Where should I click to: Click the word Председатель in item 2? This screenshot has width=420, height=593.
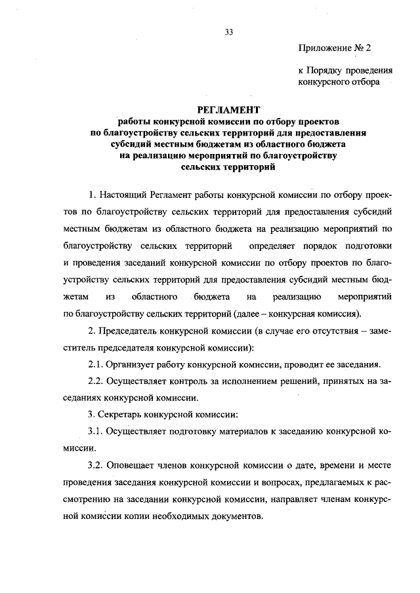point(131,331)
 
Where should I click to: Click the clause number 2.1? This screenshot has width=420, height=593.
point(96,365)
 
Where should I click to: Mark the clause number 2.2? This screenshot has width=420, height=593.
point(96,382)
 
